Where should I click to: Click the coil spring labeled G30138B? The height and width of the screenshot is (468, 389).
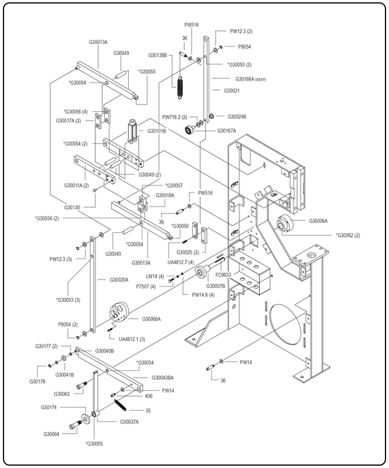point(181,87)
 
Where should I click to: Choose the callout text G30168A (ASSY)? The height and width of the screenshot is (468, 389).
point(251,78)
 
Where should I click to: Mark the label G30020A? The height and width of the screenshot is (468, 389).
point(118,280)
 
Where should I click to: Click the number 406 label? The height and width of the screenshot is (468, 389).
point(165,397)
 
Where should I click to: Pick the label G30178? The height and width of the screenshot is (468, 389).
point(37,381)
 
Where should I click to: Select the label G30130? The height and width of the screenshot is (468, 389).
point(73,207)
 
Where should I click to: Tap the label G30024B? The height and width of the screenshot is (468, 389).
point(237,116)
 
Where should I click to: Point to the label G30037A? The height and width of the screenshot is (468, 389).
point(129,422)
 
